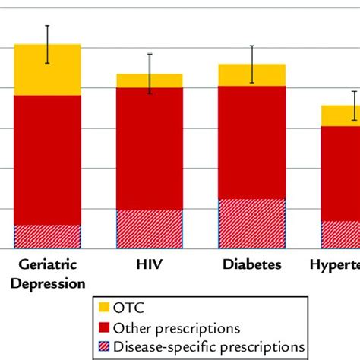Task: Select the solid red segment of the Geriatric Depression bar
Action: [47, 159]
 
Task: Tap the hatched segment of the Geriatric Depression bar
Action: [47, 236]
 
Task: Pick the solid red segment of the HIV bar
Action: [150, 149]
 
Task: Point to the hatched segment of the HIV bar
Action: [150, 229]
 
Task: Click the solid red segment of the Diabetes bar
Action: [251, 143]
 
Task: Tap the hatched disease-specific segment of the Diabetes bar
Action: [251, 223]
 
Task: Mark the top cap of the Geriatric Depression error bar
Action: [47, 26]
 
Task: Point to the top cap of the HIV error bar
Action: [150, 53]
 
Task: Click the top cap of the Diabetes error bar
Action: [251, 46]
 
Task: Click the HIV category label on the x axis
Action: [150, 265]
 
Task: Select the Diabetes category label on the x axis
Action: [251, 265]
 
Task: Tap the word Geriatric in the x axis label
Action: [47, 265]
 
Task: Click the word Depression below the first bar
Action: [47, 283]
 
